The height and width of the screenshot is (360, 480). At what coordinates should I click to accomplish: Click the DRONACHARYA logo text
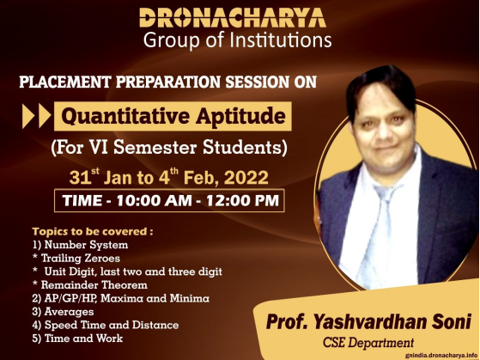point(233,18)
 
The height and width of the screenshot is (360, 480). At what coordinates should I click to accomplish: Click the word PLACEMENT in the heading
point(65,82)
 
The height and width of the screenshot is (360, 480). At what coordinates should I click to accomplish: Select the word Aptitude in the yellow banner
point(241,116)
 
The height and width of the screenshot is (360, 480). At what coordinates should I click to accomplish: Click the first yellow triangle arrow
point(28,116)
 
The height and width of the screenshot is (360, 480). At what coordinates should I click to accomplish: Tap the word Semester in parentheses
point(155,148)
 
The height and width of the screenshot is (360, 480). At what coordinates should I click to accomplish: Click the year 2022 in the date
point(246,178)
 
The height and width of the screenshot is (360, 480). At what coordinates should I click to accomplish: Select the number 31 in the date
point(80,178)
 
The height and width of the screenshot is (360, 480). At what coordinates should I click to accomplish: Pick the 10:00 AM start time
point(154,201)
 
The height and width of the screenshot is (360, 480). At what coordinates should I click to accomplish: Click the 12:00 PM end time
point(242,201)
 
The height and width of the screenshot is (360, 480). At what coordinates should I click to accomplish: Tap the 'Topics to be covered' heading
point(93,231)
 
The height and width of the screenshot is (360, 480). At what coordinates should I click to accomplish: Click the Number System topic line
point(80,245)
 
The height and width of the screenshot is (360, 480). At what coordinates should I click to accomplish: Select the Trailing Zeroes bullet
point(76,259)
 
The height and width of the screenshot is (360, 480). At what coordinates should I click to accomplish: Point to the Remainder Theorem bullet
point(90,285)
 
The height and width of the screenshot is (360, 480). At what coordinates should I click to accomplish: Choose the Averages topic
point(63,312)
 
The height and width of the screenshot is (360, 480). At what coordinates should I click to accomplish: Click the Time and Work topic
point(77,339)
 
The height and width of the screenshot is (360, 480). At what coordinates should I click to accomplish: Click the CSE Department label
point(368,343)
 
